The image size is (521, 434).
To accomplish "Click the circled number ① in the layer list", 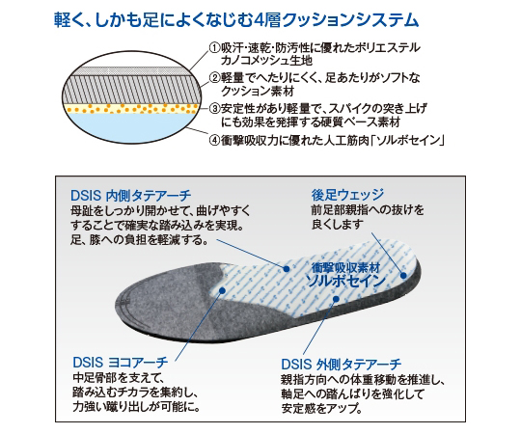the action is click(x=214, y=48).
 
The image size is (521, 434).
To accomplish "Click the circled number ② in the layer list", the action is click(x=214, y=78).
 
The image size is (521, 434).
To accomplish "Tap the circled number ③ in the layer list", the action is click(x=214, y=109).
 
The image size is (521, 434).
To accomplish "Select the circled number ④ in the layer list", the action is click(x=214, y=141).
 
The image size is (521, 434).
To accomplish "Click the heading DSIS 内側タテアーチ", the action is click(x=130, y=196).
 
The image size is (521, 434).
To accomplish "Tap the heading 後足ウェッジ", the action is click(x=347, y=195).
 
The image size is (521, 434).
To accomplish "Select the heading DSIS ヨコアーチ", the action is click(x=121, y=363).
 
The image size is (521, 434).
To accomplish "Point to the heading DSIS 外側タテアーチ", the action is click(x=342, y=365).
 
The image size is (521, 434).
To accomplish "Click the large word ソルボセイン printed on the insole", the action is click(x=345, y=282).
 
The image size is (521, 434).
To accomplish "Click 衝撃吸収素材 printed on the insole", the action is click(x=345, y=268).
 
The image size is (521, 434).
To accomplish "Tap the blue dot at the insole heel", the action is click(x=403, y=275).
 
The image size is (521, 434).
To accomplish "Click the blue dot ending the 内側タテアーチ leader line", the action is click(x=287, y=269).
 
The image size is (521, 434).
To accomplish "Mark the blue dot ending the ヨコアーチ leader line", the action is click(x=223, y=291).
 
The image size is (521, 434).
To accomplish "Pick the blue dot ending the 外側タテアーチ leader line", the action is click(x=336, y=299).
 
